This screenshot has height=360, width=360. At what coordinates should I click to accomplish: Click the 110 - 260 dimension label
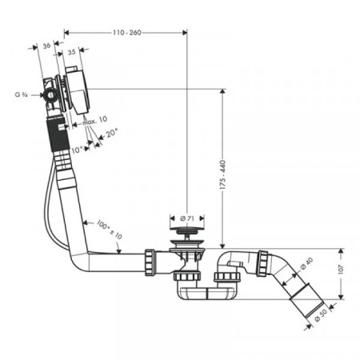pyautogui.click(x=127, y=33)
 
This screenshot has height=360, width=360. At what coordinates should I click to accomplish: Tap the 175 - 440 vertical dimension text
pyautogui.click(x=223, y=175)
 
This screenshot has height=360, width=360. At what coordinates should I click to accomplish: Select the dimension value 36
pyautogui.click(x=46, y=46)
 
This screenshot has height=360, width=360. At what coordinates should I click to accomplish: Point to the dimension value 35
pyautogui.click(x=71, y=52)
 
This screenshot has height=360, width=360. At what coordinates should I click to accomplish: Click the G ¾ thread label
pyautogui.click(x=22, y=94)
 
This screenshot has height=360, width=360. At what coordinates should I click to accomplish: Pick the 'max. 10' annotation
pyautogui.click(x=94, y=121)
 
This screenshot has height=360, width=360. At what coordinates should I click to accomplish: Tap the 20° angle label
pyautogui.click(x=112, y=133)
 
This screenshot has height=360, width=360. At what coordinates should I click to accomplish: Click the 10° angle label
pyautogui.click(x=77, y=150)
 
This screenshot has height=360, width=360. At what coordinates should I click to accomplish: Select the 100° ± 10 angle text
pyautogui.click(x=109, y=229)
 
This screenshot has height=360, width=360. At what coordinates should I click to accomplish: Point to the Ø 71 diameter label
pyautogui.click(x=187, y=218)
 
